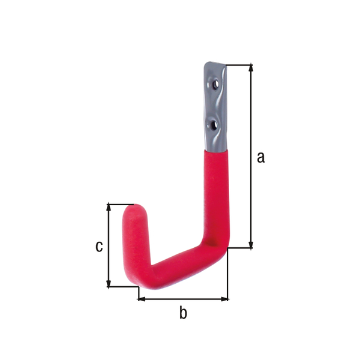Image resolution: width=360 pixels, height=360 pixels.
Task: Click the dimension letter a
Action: point(260,157)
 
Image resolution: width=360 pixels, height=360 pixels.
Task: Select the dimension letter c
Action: point(100,246)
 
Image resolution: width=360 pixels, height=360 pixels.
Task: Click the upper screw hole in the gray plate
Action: point(214,86)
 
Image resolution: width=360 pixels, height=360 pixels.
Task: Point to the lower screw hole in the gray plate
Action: point(214,125)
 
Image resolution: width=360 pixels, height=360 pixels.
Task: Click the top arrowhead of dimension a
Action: point(251,68)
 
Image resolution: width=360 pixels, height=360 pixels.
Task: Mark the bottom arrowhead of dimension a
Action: point(251,244)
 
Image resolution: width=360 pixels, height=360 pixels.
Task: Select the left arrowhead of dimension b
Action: point(142,298)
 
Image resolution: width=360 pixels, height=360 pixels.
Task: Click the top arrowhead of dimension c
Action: point(109,207)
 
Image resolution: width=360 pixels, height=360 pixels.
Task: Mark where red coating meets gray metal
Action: point(215,151)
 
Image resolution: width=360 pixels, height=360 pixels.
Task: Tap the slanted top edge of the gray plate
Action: point(215,64)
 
